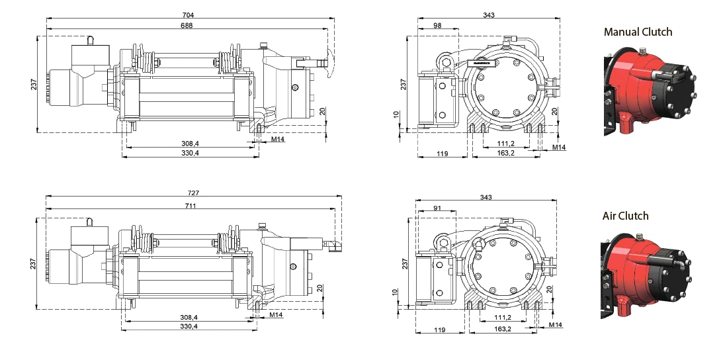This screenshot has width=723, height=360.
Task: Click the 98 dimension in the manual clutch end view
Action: (x=437, y=25)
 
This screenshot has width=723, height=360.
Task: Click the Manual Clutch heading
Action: (x=638, y=32)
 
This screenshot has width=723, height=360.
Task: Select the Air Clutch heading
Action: (x=625, y=216)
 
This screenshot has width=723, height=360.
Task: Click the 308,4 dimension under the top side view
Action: (x=190, y=142)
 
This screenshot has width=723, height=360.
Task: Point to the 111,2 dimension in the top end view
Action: (x=505, y=142)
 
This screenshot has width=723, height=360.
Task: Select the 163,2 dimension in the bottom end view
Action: (x=504, y=329)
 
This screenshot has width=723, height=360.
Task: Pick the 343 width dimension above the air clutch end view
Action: (x=486, y=197)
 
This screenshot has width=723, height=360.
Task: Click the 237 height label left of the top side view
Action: (x=34, y=83)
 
